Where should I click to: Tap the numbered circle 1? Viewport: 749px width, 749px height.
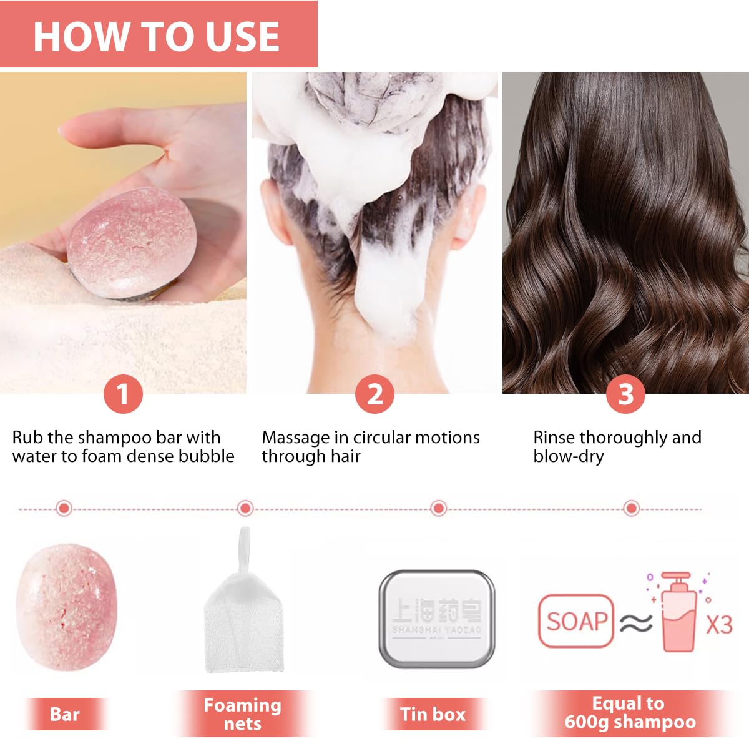(123, 394)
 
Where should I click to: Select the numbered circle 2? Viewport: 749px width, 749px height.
(374, 394)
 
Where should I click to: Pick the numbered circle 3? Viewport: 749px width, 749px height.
(625, 394)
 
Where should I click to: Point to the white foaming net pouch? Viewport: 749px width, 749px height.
(244, 624)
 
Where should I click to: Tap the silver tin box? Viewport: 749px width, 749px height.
(436, 618)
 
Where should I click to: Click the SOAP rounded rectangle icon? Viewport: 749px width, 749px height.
(575, 621)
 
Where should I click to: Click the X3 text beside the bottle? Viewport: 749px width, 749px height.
(719, 624)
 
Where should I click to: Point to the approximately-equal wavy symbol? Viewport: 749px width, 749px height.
(636, 622)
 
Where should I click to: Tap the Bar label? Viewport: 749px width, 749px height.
(64, 714)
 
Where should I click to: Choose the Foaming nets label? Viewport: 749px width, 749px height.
(242, 714)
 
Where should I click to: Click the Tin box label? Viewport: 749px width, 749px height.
(433, 714)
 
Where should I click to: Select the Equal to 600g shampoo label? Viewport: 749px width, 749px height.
(629, 713)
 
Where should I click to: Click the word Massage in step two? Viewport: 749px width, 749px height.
(295, 438)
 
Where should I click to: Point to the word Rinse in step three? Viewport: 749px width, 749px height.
(554, 438)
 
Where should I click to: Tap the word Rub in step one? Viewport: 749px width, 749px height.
(27, 438)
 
